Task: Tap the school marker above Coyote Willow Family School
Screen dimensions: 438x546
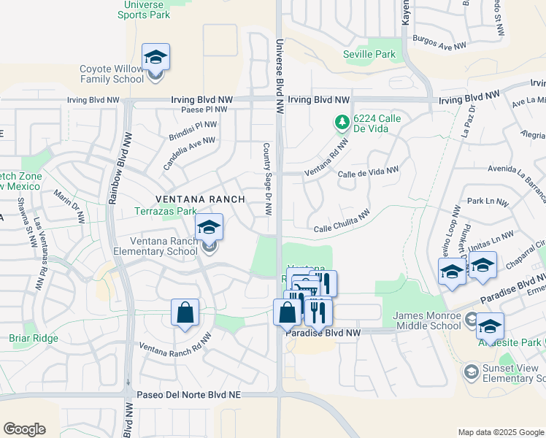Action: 155,57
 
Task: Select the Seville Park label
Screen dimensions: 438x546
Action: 369,54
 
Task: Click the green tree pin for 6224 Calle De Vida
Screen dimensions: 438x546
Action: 341,123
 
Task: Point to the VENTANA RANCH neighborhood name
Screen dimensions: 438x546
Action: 199,199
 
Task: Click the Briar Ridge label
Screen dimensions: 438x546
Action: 29,338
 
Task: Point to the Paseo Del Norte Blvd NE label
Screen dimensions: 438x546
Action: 188,394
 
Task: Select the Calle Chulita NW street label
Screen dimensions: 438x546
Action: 342,222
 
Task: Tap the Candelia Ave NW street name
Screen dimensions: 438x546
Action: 189,153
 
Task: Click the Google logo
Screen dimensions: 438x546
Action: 24,429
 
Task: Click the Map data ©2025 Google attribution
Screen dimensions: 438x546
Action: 500,432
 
